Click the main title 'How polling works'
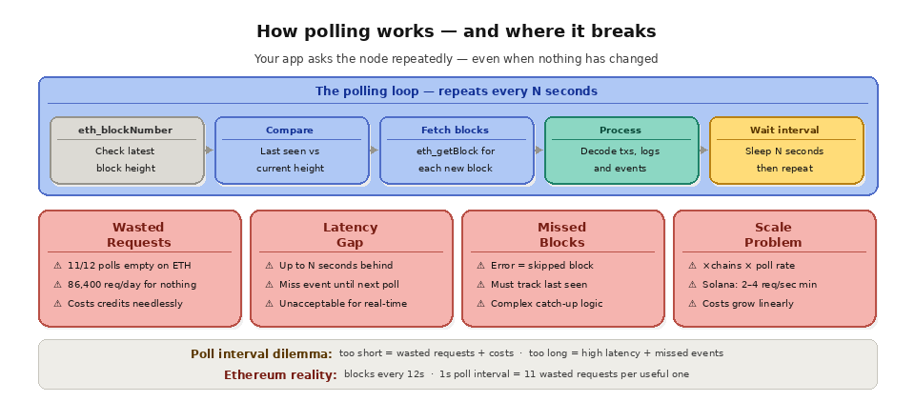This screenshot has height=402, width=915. coord(457,31)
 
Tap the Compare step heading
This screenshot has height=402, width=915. coord(289,130)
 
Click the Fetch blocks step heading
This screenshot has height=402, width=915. coord(455,130)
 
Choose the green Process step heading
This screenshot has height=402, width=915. coord(620,130)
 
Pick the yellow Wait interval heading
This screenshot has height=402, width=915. coord(784,130)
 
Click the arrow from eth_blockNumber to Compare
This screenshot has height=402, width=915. coord(210,151)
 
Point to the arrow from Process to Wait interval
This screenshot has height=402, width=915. coord(704,151)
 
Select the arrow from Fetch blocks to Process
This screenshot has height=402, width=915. coord(539,151)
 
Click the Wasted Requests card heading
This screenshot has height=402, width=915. coord(139,234)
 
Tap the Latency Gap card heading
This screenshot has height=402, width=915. coord(351,234)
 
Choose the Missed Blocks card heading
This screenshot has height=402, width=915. coord(562,234)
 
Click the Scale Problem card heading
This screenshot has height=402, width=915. coord(773,234)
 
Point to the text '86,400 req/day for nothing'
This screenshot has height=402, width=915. coord(132,284)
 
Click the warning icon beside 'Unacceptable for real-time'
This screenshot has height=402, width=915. coord(269,303)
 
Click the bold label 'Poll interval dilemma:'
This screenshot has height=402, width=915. coord(261,353)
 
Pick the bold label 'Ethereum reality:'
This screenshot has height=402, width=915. coord(280,374)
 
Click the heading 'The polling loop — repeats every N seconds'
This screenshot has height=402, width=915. coord(457,91)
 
